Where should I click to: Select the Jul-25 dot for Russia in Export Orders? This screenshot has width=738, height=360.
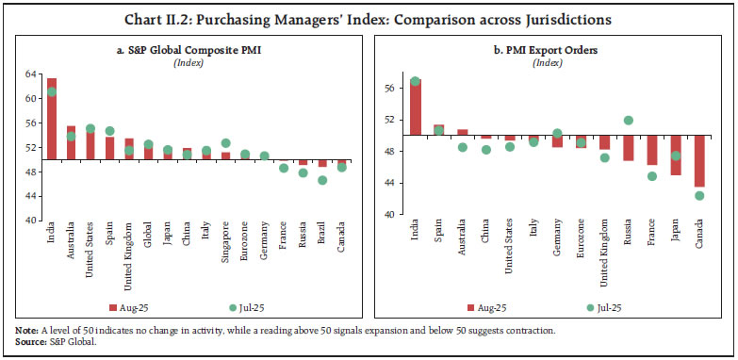(x=629, y=121)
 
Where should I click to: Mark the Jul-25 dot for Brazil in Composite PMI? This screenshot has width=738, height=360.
(x=322, y=180)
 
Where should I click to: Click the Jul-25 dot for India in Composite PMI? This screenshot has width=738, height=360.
(x=52, y=91)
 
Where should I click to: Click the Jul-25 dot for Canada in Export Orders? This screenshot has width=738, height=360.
(x=699, y=196)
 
